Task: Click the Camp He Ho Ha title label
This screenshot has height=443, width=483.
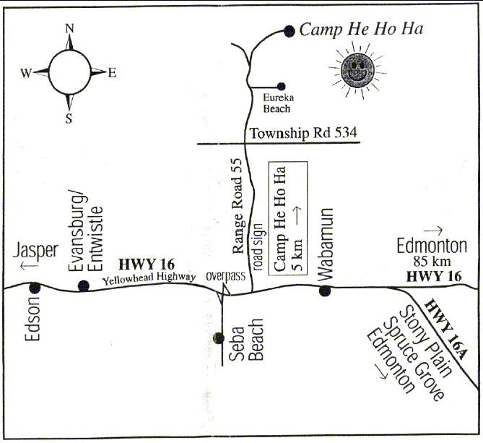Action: point(360,30)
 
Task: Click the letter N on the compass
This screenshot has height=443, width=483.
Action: point(70,28)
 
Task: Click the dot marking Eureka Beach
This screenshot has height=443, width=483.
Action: point(279,85)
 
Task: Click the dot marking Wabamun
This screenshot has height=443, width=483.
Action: point(324,291)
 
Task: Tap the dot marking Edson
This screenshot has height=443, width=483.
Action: point(32,288)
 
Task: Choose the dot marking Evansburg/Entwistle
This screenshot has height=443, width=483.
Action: point(84,285)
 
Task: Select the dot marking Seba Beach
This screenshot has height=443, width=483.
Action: point(219,337)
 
